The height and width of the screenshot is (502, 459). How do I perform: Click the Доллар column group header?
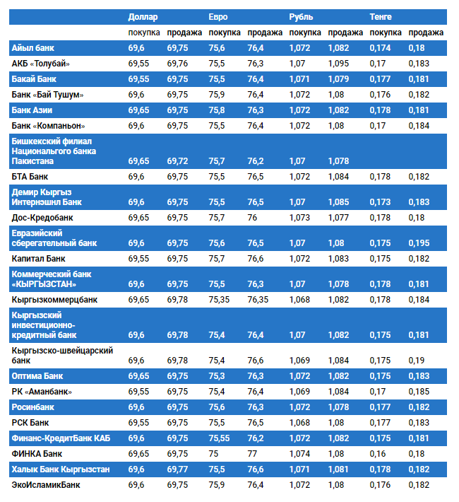pyautogui.click(x=143, y=16)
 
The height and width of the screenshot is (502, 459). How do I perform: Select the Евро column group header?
pyautogui.click(x=218, y=16)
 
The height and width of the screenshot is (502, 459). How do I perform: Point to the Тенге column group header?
pyautogui.click(x=381, y=16)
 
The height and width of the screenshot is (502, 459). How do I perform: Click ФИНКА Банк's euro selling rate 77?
pyautogui.click(x=254, y=453)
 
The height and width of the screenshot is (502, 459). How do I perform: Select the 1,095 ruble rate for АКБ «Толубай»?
pyautogui.click(x=339, y=64)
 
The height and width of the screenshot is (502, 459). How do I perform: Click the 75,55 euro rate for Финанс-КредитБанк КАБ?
pyautogui.click(x=220, y=438)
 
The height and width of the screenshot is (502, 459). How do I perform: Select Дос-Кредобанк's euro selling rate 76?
pyautogui.click(x=254, y=218)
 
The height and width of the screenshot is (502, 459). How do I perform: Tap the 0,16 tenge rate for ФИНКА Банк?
pyautogui.click(x=378, y=453)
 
